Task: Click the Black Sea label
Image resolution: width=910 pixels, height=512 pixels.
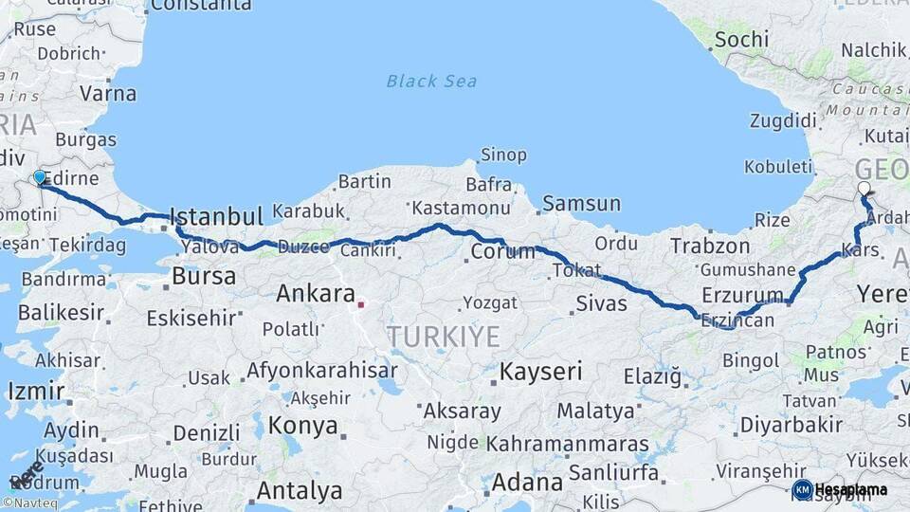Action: [x=430, y=81]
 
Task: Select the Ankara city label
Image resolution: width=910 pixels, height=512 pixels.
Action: [x=316, y=294]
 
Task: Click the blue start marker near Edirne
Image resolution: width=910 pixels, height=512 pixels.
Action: [x=39, y=177]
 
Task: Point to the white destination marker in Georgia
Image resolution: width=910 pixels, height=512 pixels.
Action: [x=864, y=189]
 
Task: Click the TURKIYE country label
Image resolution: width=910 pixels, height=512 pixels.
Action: [x=443, y=336]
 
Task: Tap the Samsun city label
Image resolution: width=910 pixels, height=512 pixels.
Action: [x=582, y=203]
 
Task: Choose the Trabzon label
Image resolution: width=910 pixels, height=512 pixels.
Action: [x=710, y=247]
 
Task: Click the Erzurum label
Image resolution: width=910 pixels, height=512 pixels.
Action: [x=743, y=294]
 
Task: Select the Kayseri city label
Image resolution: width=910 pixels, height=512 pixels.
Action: [x=540, y=371]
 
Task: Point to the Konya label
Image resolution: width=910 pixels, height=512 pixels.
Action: [x=302, y=426]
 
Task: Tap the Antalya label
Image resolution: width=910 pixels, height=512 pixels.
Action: [x=300, y=491]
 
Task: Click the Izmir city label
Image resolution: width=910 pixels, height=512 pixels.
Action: [x=36, y=391]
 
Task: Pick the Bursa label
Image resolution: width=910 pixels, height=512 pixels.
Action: [x=205, y=277]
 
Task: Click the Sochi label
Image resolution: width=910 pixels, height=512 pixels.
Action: [x=741, y=40]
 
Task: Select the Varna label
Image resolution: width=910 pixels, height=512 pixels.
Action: [x=108, y=94]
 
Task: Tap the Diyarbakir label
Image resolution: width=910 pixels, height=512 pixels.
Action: [x=792, y=424]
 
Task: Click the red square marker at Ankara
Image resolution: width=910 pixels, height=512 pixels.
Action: [x=360, y=305]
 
